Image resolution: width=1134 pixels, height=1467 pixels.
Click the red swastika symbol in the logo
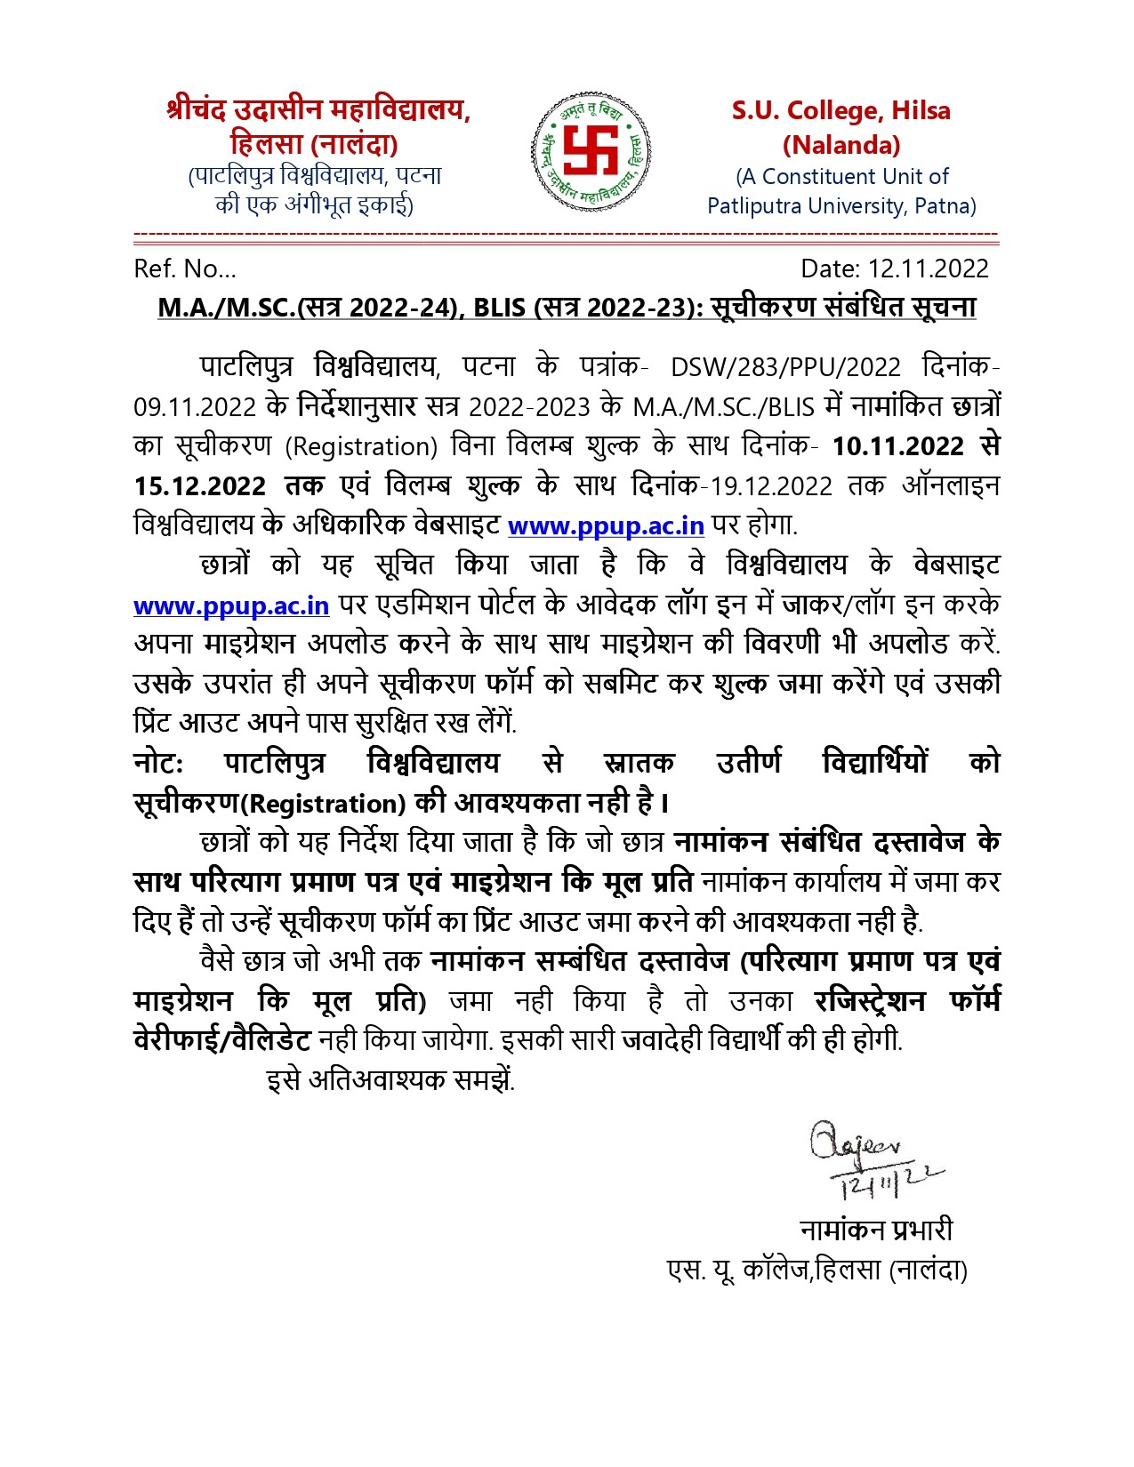click(591, 150)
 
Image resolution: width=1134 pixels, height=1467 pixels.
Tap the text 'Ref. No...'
click(185, 269)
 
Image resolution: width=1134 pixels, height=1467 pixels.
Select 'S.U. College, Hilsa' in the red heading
click(840, 111)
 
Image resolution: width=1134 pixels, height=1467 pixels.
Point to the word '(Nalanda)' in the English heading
click(840, 145)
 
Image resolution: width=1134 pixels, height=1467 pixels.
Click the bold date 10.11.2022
click(897, 445)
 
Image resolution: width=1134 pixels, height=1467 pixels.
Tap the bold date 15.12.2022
click(199, 486)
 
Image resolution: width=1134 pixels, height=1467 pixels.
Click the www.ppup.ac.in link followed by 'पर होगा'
click(606, 525)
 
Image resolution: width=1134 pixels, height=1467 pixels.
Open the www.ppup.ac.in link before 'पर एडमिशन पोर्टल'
click(231, 605)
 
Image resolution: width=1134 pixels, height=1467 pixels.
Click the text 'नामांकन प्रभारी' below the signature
click(876, 1230)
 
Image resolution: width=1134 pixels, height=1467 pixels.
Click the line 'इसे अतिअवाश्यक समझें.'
click(390, 1080)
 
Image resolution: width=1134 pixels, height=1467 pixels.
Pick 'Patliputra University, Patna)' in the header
click(840, 206)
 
